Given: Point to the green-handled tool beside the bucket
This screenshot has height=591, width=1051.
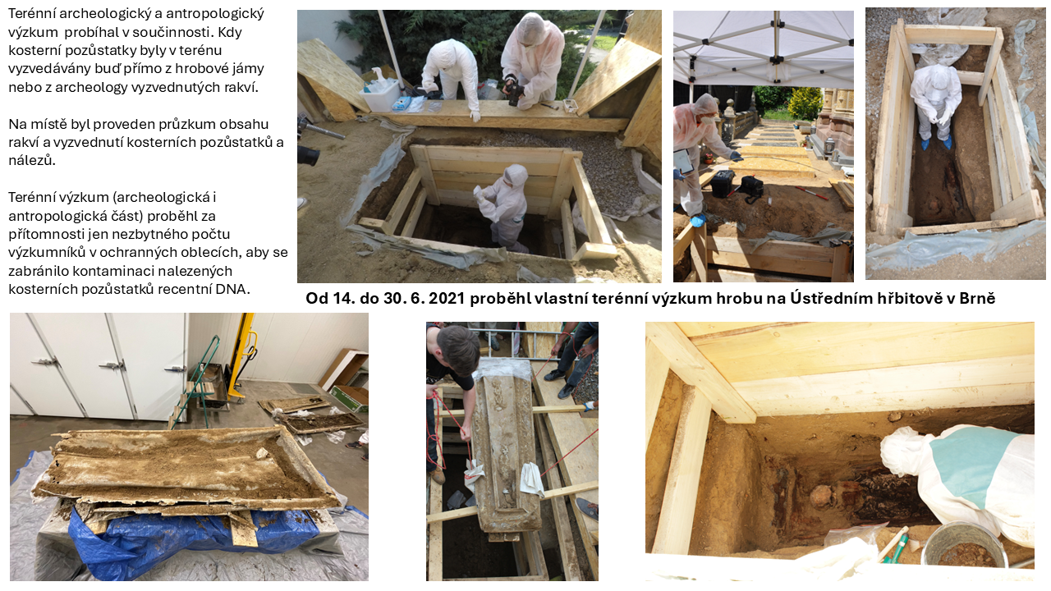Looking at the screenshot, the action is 895,544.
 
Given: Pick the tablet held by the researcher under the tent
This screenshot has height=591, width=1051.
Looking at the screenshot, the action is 682,162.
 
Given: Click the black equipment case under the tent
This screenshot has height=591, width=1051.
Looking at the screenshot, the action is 722,184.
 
